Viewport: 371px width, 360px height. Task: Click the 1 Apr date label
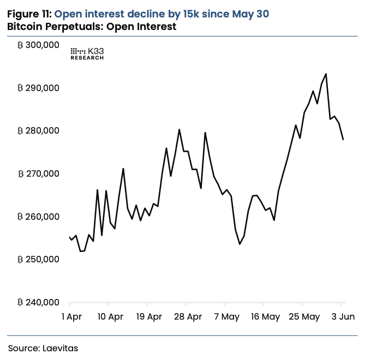point(71,316)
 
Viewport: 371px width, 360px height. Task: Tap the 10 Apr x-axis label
point(109,316)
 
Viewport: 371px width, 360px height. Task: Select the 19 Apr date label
point(147,316)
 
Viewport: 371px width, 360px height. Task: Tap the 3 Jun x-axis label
point(341,316)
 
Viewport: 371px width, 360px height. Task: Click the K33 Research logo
point(87,53)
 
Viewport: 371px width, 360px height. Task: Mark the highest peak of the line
point(326,74)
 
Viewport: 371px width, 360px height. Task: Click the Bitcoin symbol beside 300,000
point(20,45)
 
